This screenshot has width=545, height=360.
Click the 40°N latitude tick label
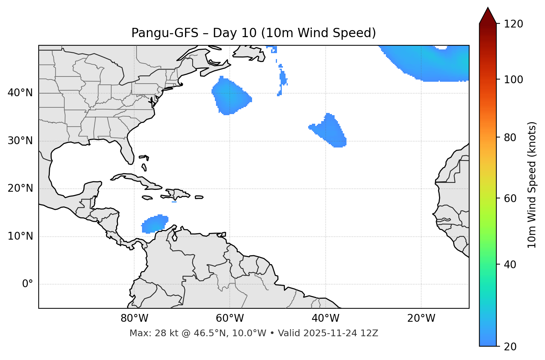point(20,93)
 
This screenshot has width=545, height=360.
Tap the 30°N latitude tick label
point(20,141)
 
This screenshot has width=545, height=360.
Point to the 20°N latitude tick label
point(20,188)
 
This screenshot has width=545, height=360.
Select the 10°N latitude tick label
point(20,236)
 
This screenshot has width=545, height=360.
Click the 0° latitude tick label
point(27,284)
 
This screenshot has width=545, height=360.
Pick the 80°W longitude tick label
point(134,318)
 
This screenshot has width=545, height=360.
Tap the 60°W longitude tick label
point(230,318)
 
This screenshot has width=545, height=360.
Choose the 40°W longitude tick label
point(325,318)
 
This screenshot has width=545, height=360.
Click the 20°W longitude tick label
point(421,318)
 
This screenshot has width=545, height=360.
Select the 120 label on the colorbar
point(513,24)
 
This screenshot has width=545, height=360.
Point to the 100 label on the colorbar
point(513,80)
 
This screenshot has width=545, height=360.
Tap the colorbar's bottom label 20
point(510,346)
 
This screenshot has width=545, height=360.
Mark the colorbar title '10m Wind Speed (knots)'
point(532,185)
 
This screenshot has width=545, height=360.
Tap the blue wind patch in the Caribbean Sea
point(154,224)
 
